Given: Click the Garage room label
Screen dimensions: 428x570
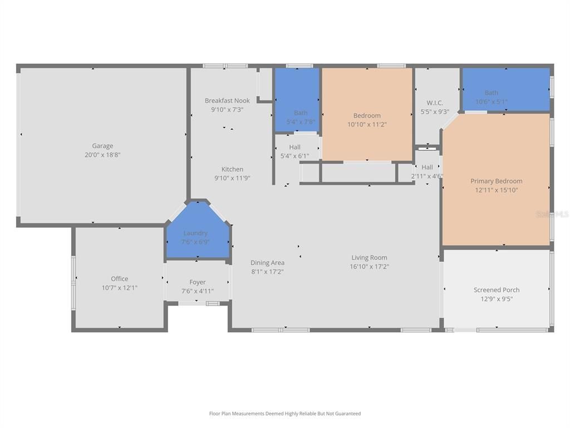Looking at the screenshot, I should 102,146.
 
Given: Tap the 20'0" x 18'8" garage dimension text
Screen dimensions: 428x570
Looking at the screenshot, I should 102,155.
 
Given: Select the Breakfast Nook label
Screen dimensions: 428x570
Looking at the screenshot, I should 227,101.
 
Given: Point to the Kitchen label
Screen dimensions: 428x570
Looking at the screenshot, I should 232,169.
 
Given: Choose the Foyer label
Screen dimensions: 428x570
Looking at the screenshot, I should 197,283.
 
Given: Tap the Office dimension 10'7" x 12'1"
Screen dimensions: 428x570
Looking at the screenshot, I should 119,288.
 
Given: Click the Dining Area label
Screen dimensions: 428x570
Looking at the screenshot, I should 267,263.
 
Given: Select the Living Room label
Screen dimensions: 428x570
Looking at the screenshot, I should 369,258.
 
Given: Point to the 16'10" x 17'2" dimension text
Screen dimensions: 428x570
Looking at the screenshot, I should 369,267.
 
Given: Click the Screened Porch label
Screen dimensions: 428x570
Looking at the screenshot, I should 497,290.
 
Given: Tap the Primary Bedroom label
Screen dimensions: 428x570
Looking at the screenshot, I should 497,181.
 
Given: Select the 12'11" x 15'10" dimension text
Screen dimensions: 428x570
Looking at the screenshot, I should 497,190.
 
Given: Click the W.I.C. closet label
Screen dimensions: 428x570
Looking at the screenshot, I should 435,103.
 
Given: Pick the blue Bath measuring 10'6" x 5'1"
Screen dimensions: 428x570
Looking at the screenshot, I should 505,89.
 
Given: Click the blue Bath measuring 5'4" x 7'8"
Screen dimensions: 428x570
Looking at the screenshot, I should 298,100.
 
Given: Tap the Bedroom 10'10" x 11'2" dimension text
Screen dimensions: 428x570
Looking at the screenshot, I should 367,125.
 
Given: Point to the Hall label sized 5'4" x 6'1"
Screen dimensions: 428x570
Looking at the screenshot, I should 294,148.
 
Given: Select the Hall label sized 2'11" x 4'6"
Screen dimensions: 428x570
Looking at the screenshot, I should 427,168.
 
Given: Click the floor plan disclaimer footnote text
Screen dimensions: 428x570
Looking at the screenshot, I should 285,414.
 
